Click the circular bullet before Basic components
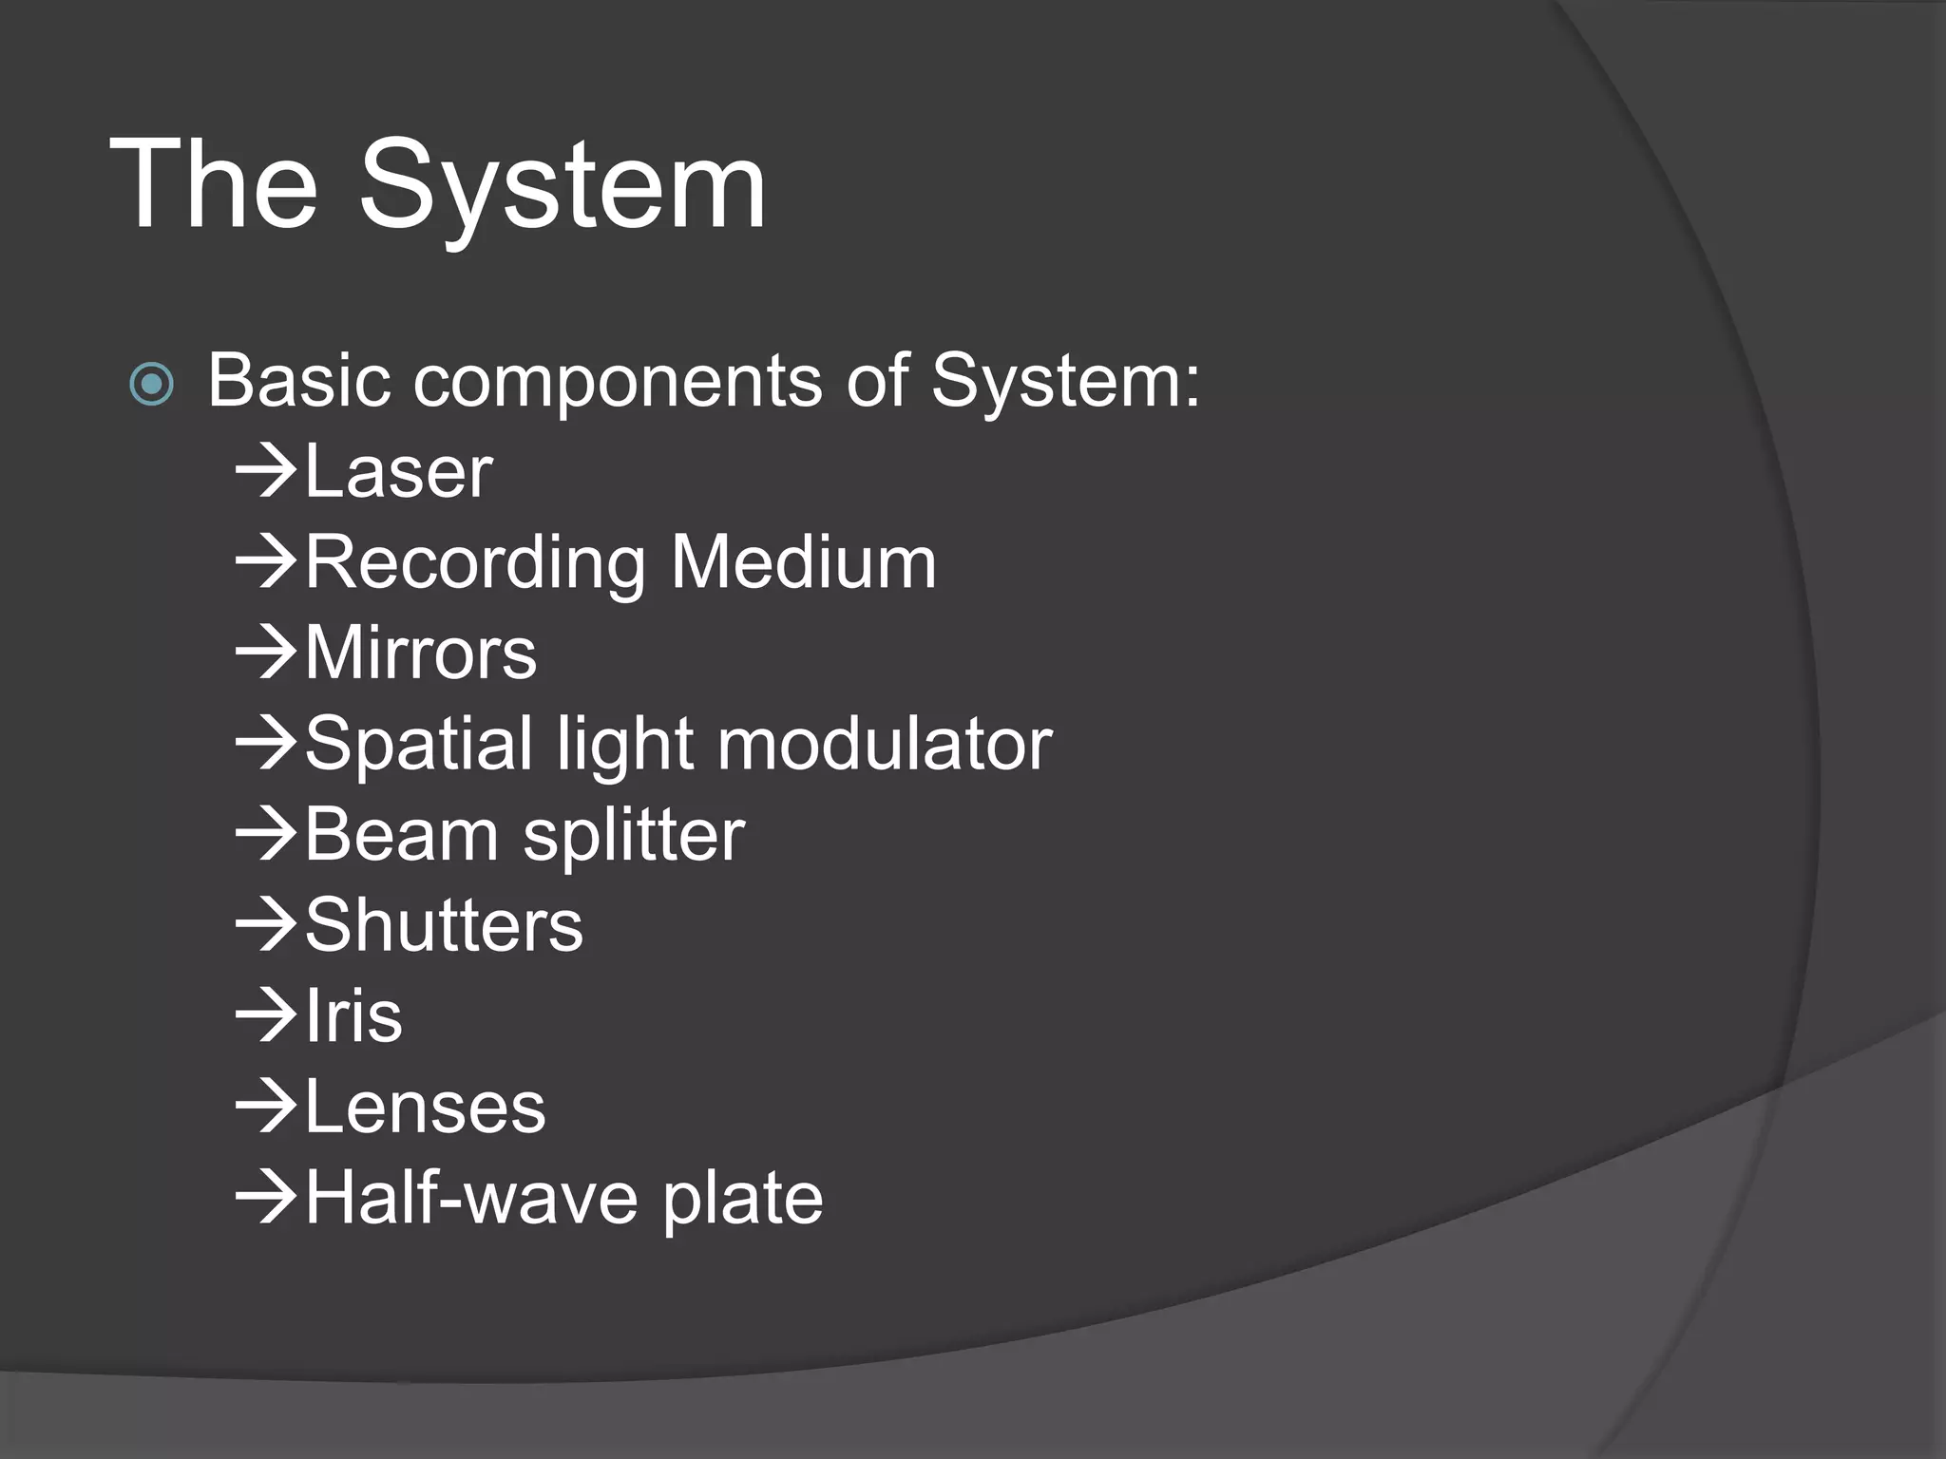coord(152,385)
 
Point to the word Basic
coord(299,381)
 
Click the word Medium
coord(804,562)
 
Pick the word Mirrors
coord(421,654)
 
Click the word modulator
coord(885,744)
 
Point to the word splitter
coord(634,835)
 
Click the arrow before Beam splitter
coord(267,834)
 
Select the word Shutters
coord(444,925)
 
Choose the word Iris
coord(353,1016)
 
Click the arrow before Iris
coord(267,1015)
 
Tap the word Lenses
coord(426,1108)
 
